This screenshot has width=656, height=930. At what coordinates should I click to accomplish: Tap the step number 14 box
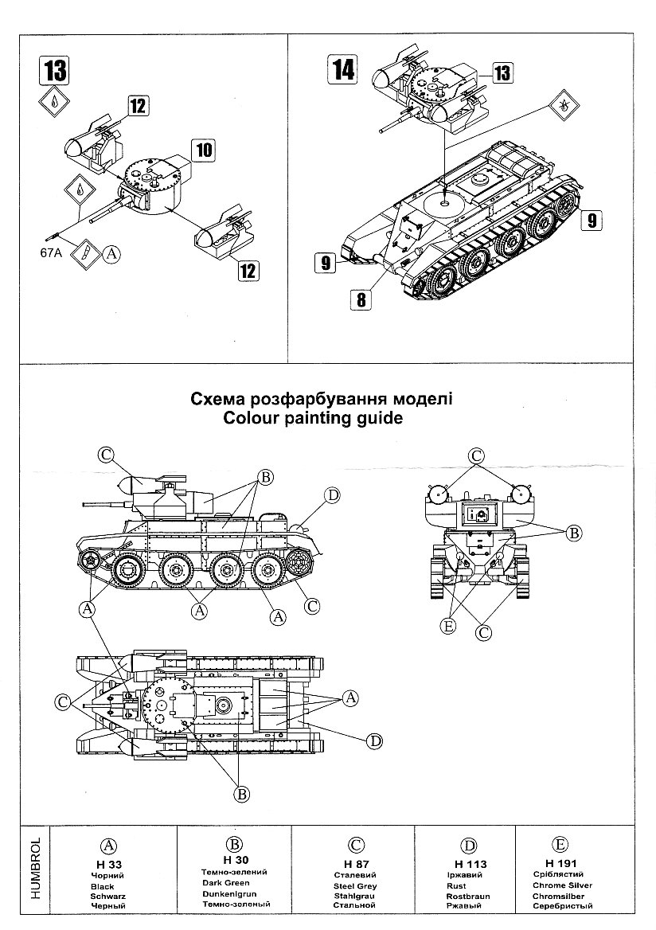[x=342, y=70]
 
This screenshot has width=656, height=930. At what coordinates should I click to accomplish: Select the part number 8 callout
[x=361, y=299]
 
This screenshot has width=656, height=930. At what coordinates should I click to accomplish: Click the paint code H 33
[x=103, y=864]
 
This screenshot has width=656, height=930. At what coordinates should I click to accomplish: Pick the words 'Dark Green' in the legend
[x=226, y=882]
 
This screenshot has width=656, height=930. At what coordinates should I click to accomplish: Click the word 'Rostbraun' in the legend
[x=468, y=896]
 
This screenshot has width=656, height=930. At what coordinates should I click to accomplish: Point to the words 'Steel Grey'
[x=355, y=885]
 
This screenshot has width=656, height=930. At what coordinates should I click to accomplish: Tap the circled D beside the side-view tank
[x=332, y=495]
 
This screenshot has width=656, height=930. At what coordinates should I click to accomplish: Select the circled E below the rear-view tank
[x=448, y=627]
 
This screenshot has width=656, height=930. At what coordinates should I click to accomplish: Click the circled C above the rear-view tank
[x=476, y=455]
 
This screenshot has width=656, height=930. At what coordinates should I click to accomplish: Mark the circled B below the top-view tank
[x=240, y=793]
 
